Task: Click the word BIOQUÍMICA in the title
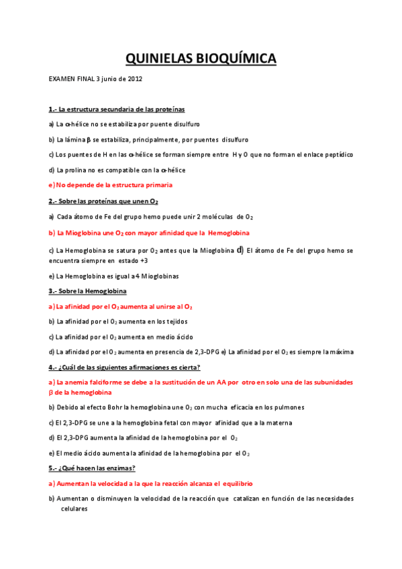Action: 235,60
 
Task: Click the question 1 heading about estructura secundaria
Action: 116,109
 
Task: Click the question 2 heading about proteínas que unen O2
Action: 103,201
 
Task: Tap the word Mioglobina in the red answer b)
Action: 83,233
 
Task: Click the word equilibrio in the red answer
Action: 234,483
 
